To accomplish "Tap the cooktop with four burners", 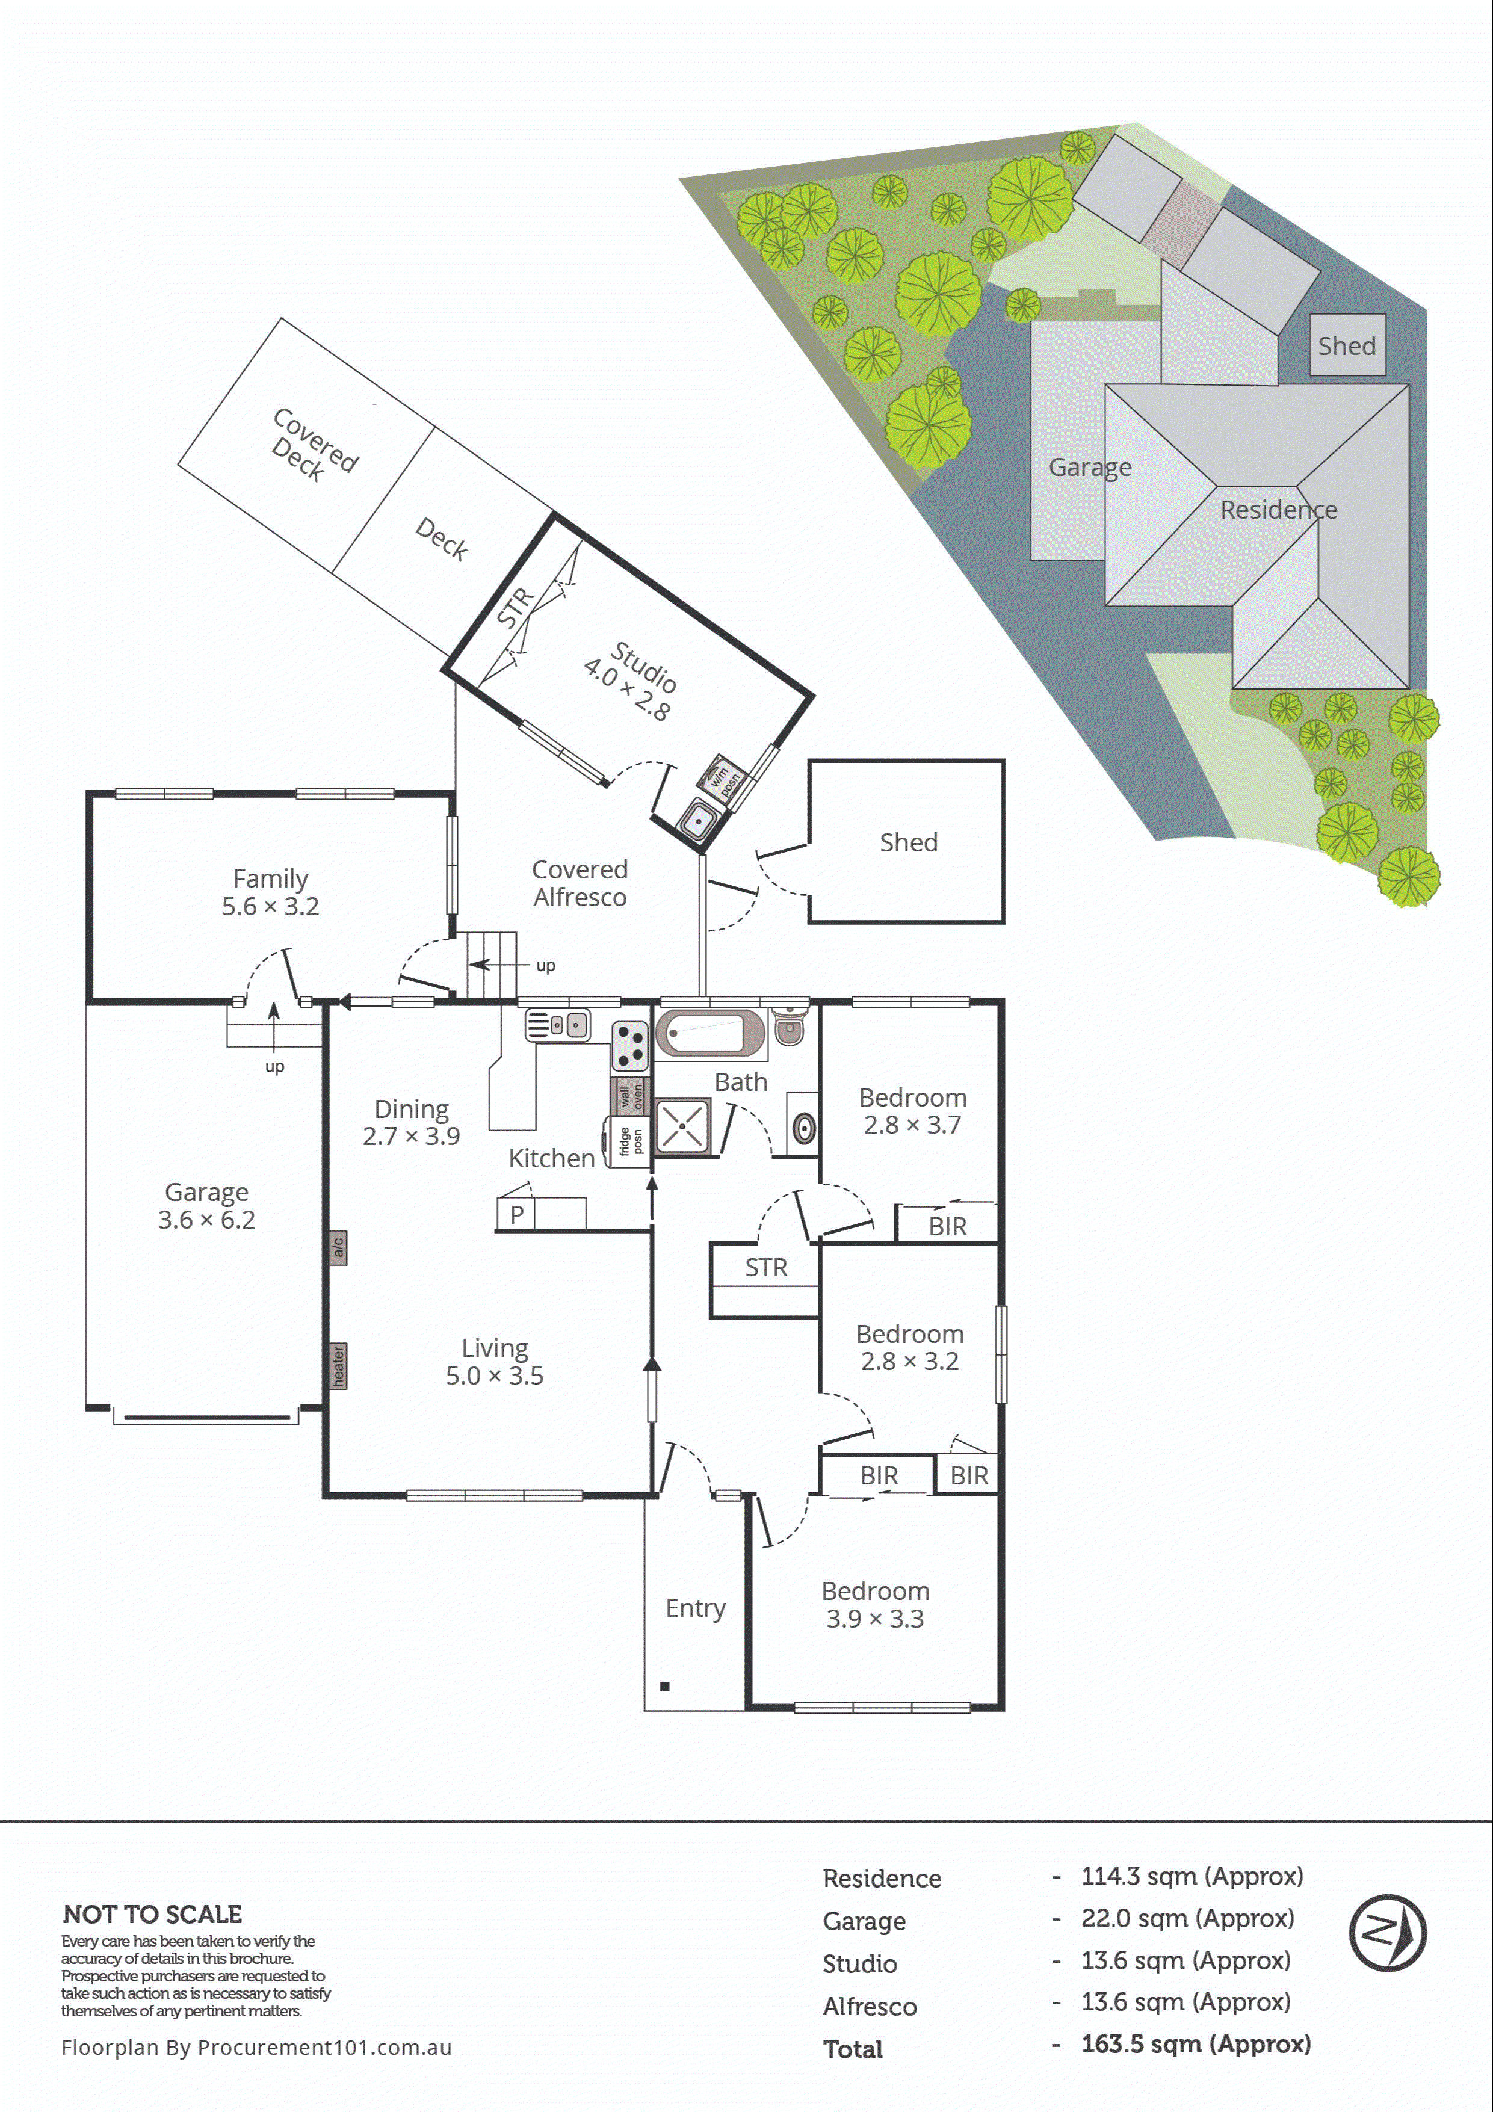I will (x=630, y=1046).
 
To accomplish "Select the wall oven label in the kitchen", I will (x=630, y=1096).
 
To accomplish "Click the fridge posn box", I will (x=629, y=1141).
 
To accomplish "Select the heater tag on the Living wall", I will (x=339, y=1366).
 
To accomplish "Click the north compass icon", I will (x=1387, y=1933).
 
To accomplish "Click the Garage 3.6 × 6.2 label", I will (x=206, y=1206).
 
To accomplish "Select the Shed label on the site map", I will (x=1347, y=346).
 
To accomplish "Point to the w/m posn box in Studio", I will (x=722, y=778).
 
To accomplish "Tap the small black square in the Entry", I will (x=664, y=1686).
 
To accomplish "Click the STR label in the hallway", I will (x=765, y=1268).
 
